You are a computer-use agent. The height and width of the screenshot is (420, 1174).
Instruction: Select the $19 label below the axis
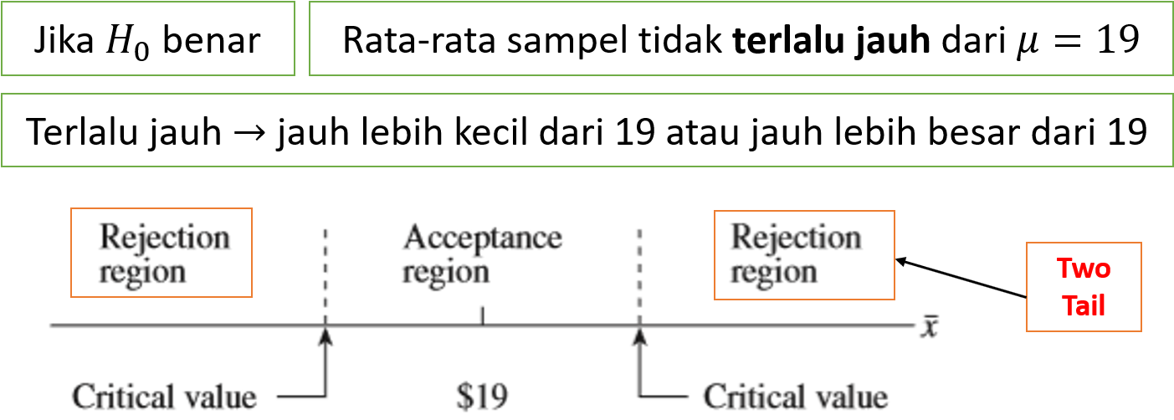[482, 395]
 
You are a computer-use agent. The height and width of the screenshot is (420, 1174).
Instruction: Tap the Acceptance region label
[482, 254]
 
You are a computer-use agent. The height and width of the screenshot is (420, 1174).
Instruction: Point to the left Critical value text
[164, 396]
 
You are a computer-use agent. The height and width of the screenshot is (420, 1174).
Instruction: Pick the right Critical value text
[795, 396]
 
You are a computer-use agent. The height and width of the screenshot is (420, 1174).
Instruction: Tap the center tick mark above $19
[482, 315]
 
